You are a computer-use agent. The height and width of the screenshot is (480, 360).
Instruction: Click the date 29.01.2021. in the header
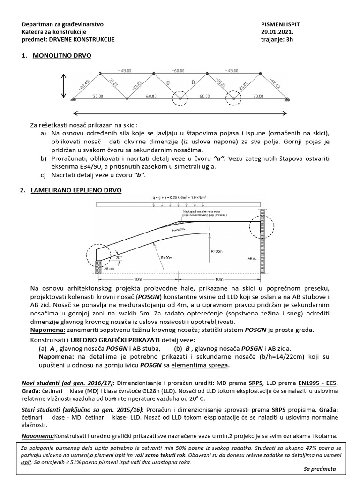click(x=273, y=32)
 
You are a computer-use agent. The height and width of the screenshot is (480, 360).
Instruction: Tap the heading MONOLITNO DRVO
click(x=62, y=56)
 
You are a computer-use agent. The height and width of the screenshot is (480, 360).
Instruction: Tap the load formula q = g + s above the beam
click(x=179, y=198)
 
